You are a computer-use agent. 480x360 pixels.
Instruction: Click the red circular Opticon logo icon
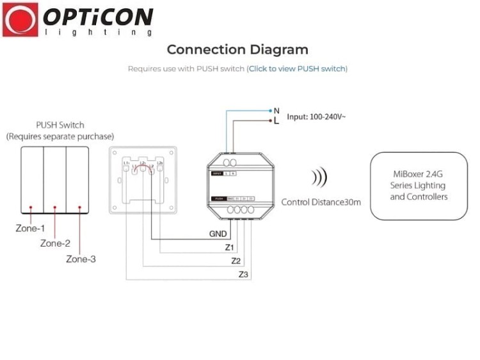(20, 19)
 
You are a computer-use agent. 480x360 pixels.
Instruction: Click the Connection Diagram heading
(237, 50)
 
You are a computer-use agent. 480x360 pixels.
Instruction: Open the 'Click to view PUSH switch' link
(298, 69)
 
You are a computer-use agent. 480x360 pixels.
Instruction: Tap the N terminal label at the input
(276, 110)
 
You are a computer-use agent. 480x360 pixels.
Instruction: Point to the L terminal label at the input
(276, 120)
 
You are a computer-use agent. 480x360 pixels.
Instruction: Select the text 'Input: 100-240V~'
(316, 117)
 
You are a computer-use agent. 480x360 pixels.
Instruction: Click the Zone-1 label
(30, 228)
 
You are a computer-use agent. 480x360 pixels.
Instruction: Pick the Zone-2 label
(55, 243)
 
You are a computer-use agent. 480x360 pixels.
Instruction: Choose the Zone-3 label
(81, 259)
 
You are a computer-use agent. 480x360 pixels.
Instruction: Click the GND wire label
(218, 234)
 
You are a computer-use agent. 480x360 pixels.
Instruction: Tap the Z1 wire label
(230, 247)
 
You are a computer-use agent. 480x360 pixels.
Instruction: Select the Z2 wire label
(236, 261)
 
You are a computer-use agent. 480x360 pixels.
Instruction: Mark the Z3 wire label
(243, 275)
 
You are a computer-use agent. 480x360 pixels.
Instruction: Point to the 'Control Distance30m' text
(321, 202)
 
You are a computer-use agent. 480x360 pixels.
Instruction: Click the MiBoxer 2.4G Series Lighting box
(419, 186)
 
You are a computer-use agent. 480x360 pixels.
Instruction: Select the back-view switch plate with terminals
(142, 180)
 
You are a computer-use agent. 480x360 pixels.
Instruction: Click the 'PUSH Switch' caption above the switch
(60, 125)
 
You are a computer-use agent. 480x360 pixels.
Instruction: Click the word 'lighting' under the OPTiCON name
(98, 31)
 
